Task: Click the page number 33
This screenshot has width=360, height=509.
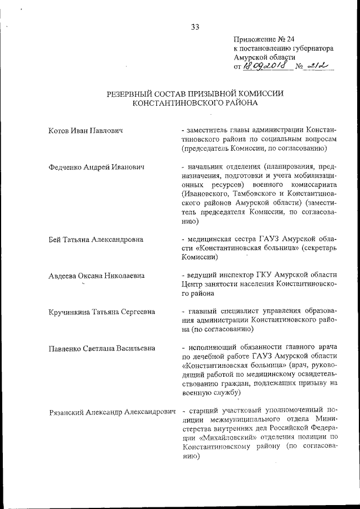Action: pos(195,26)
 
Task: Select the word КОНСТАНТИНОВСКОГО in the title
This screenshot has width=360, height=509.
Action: pos(178,103)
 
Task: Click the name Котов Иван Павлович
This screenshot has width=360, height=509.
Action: pos(86,131)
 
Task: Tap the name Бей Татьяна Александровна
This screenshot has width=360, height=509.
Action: pos(96,239)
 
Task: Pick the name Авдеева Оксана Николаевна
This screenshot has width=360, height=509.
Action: pos(96,276)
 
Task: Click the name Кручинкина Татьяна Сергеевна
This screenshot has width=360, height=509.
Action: pos(102,312)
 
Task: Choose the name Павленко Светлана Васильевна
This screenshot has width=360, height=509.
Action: pos(102,348)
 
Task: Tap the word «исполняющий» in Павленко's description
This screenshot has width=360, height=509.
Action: pos(213,347)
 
